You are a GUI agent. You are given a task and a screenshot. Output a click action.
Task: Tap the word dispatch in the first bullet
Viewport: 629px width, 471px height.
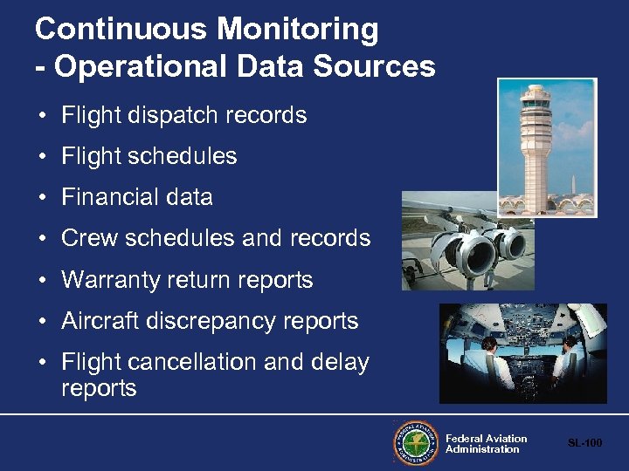tap(172, 115)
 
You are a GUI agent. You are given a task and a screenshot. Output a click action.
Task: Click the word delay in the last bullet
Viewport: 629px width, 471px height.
tap(339, 362)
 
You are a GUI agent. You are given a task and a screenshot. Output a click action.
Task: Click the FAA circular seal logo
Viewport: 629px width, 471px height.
tap(415, 443)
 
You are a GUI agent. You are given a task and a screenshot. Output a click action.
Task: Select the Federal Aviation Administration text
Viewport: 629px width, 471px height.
tap(486, 444)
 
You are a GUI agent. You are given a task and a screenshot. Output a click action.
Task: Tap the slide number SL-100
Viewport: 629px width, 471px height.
tap(584, 443)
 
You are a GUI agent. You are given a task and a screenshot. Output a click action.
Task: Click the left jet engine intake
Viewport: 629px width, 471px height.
tap(455, 253)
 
